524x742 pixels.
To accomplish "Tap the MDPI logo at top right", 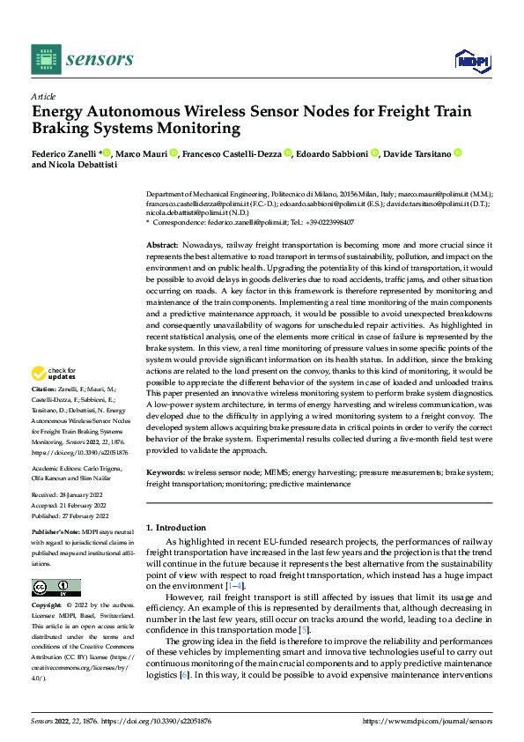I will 470,58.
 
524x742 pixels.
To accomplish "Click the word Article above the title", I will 43,96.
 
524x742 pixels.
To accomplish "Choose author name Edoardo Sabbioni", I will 332,153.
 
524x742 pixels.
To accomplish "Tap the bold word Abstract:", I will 162,243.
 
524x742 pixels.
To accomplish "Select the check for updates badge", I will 55,397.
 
